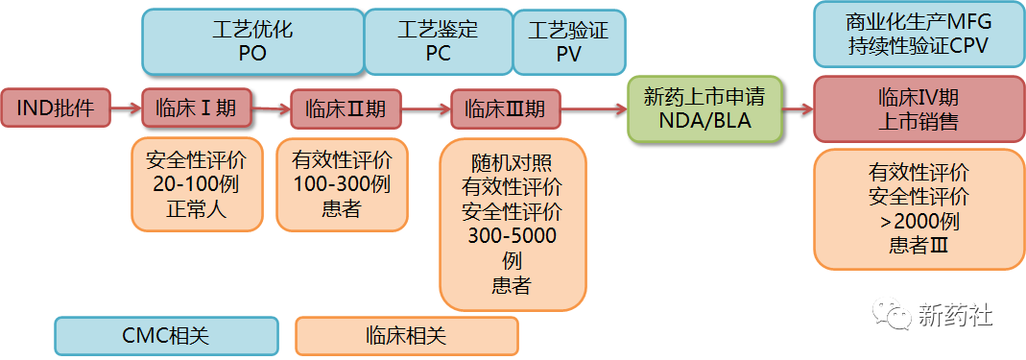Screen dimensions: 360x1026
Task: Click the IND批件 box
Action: tap(56, 108)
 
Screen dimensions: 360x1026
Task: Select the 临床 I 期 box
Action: tap(196, 108)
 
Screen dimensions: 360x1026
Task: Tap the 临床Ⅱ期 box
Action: tap(346, 108)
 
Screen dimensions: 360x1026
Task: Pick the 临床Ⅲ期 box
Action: tap(505, 108)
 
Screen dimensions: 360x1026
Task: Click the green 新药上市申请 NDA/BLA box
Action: tap(704, 109)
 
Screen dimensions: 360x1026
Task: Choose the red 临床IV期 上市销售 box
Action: tap(918, 109)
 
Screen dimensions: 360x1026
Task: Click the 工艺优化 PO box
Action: tap(252, 41)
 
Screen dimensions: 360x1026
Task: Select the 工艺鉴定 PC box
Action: tap(438, 41)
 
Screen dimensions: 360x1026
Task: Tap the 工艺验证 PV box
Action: tap(568, 41)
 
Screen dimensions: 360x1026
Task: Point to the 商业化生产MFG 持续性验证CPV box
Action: tap(918, 34)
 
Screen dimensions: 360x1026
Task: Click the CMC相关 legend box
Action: tap(166, 336)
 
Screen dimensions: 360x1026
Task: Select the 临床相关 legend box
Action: tap(406, 336)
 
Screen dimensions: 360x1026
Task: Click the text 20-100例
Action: tap(196, 183)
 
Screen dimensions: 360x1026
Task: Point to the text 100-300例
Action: tap(342, 183)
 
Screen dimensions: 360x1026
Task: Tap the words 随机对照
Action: tap(513, 160)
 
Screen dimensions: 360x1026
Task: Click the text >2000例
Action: tap(918, 221)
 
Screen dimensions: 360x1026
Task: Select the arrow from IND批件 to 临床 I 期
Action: tap(127, 108)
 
